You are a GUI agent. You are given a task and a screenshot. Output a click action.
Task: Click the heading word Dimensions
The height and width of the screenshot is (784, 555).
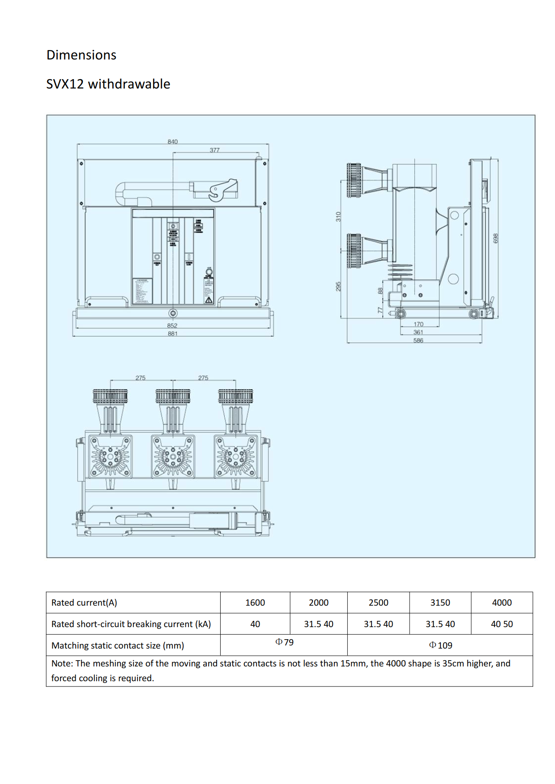81,55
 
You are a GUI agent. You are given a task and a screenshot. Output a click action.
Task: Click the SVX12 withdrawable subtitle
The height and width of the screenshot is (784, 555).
108,84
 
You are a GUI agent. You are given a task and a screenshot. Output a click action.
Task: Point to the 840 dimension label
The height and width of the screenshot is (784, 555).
172,142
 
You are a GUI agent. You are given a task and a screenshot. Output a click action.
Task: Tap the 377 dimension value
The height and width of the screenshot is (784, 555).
215,150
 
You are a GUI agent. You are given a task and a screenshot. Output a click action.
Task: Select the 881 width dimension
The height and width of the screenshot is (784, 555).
172,333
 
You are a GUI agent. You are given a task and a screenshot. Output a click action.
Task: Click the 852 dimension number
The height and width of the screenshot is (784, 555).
172,325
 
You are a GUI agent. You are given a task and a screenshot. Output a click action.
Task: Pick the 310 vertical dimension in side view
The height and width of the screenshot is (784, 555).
338,217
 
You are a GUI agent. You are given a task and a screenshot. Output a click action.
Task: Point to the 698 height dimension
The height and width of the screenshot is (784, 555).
495,238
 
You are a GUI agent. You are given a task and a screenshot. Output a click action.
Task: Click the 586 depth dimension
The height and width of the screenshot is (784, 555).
418,341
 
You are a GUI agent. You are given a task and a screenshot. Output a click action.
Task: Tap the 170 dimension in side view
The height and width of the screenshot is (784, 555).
418,324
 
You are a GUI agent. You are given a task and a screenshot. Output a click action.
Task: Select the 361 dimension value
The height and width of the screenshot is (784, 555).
418,332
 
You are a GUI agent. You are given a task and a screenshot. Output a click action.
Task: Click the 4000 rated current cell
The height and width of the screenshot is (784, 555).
502,603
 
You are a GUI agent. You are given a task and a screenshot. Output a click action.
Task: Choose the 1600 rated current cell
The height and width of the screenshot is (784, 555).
255,603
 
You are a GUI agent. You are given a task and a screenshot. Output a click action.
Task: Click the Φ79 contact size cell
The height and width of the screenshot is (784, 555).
284,642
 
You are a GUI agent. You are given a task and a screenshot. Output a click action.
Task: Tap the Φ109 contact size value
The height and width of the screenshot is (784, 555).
440,645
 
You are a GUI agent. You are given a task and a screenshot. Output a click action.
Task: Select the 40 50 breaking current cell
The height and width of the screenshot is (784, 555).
502,624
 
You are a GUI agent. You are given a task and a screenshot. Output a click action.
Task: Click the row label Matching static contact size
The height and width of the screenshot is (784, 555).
118,645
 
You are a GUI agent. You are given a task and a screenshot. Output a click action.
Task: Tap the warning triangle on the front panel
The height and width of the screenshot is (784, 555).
209,300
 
